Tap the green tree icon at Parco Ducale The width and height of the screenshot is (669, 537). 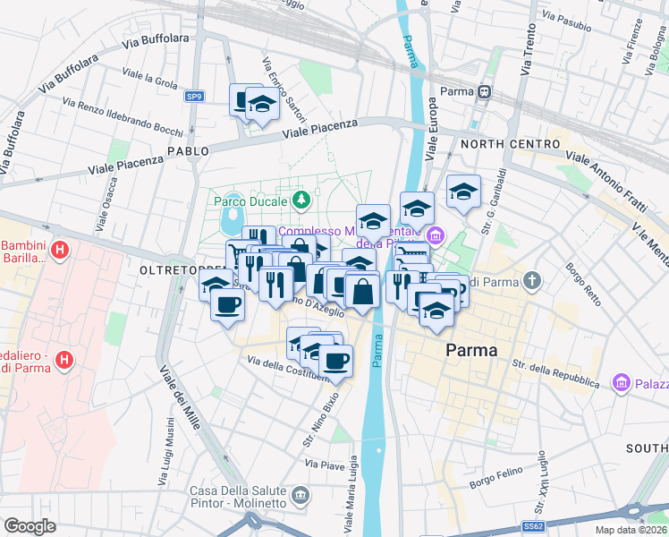[x=302, y=198]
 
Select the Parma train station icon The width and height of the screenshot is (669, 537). [x=484, y=91]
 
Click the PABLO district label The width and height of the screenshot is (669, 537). [x=188, y=151]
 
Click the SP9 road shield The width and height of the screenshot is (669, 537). [x=194, y=96]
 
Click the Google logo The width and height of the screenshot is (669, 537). [x=30, y=525]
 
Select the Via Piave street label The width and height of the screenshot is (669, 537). [x=325, y=465]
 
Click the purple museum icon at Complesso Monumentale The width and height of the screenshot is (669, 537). [x=436, y=236]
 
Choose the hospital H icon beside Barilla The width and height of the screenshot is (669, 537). [x=60, y=248]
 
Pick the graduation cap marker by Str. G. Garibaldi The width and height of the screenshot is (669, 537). [x=462, y=192]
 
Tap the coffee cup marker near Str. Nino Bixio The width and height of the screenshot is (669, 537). [x=335, y=361]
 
